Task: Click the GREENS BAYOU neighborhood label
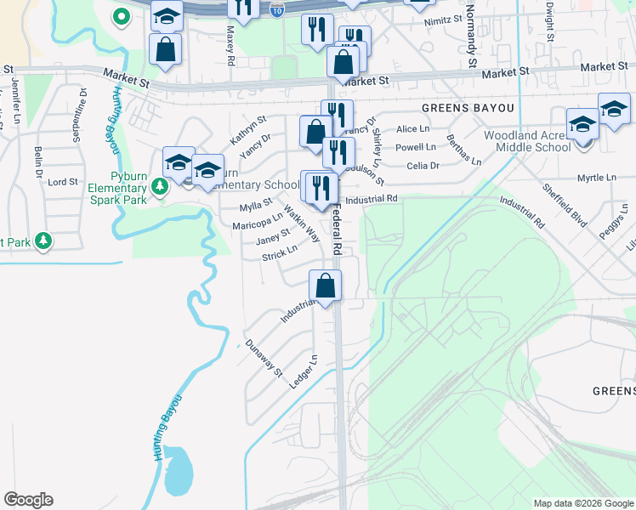(x=468, y=108)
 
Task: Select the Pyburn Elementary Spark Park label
(x=118, y=194)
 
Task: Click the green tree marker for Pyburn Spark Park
(x=159, y=186)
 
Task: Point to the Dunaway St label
(x=262, y=357)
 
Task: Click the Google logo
(x=28, y=500)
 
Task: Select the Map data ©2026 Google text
(x=582, y=503)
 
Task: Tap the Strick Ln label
(x=280, y=253)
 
